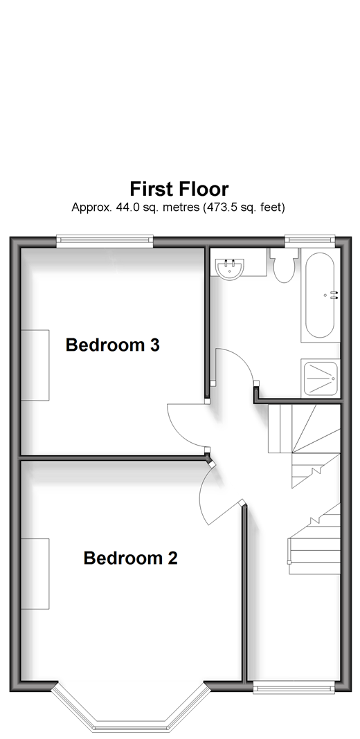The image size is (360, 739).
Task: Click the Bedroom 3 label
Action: [112, 345]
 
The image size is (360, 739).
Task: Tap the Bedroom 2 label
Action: [130, 558]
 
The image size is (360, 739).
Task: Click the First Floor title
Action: [179, 189]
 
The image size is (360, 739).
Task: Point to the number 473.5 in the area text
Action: [221, 207]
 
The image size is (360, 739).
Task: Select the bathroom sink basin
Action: [230, 269]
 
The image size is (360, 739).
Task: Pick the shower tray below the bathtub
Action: [321, 378]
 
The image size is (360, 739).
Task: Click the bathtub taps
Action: [334, 295]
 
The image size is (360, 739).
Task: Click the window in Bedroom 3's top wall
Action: [105, 241]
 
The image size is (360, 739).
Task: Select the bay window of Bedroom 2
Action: [130, 708]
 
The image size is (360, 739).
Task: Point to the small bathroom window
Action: [310, 241]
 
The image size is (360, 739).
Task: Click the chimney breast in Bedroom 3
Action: [35, 365]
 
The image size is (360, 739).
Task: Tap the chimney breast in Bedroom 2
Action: [35, 574]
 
